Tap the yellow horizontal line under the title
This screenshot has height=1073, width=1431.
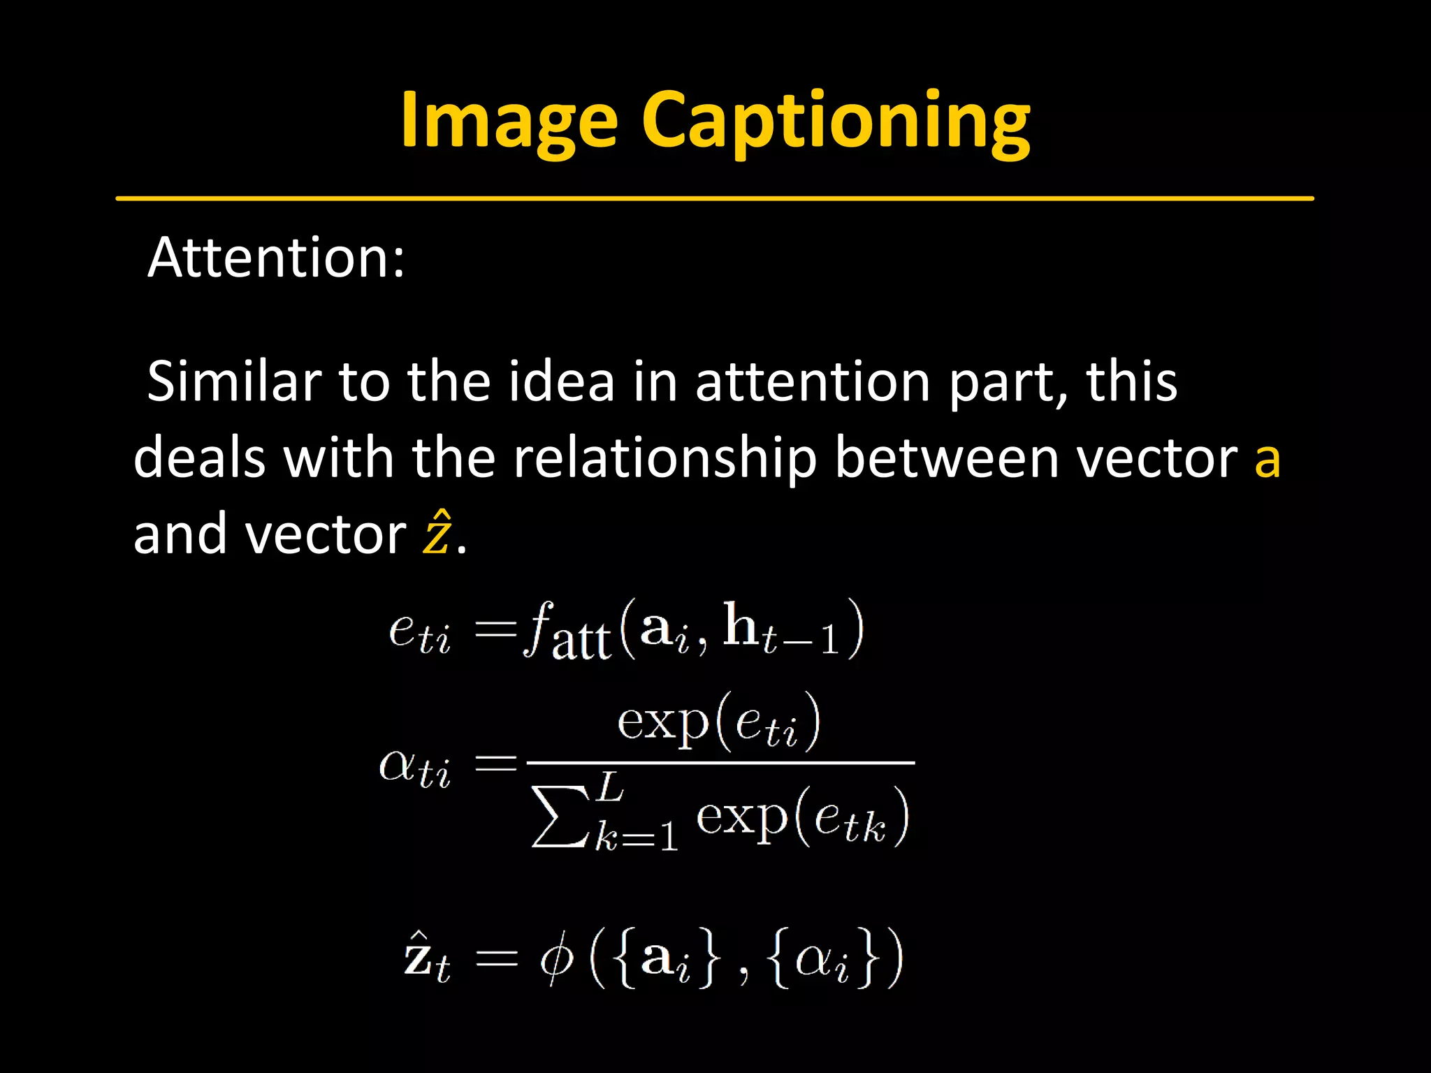[x=714, y=199]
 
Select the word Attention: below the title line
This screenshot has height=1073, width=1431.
[x=276, y=258]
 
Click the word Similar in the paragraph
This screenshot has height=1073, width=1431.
[x=233, y=382]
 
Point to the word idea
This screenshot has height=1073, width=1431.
[x=561, y=382]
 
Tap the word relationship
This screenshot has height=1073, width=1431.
[x=664, y=459]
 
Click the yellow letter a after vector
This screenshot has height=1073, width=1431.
[x=1267, y=461]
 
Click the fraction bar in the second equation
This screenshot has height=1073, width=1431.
[x=720, y=763]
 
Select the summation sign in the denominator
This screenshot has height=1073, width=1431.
[x=559, y=816]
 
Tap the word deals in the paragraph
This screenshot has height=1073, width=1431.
[x=199, y=459]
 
